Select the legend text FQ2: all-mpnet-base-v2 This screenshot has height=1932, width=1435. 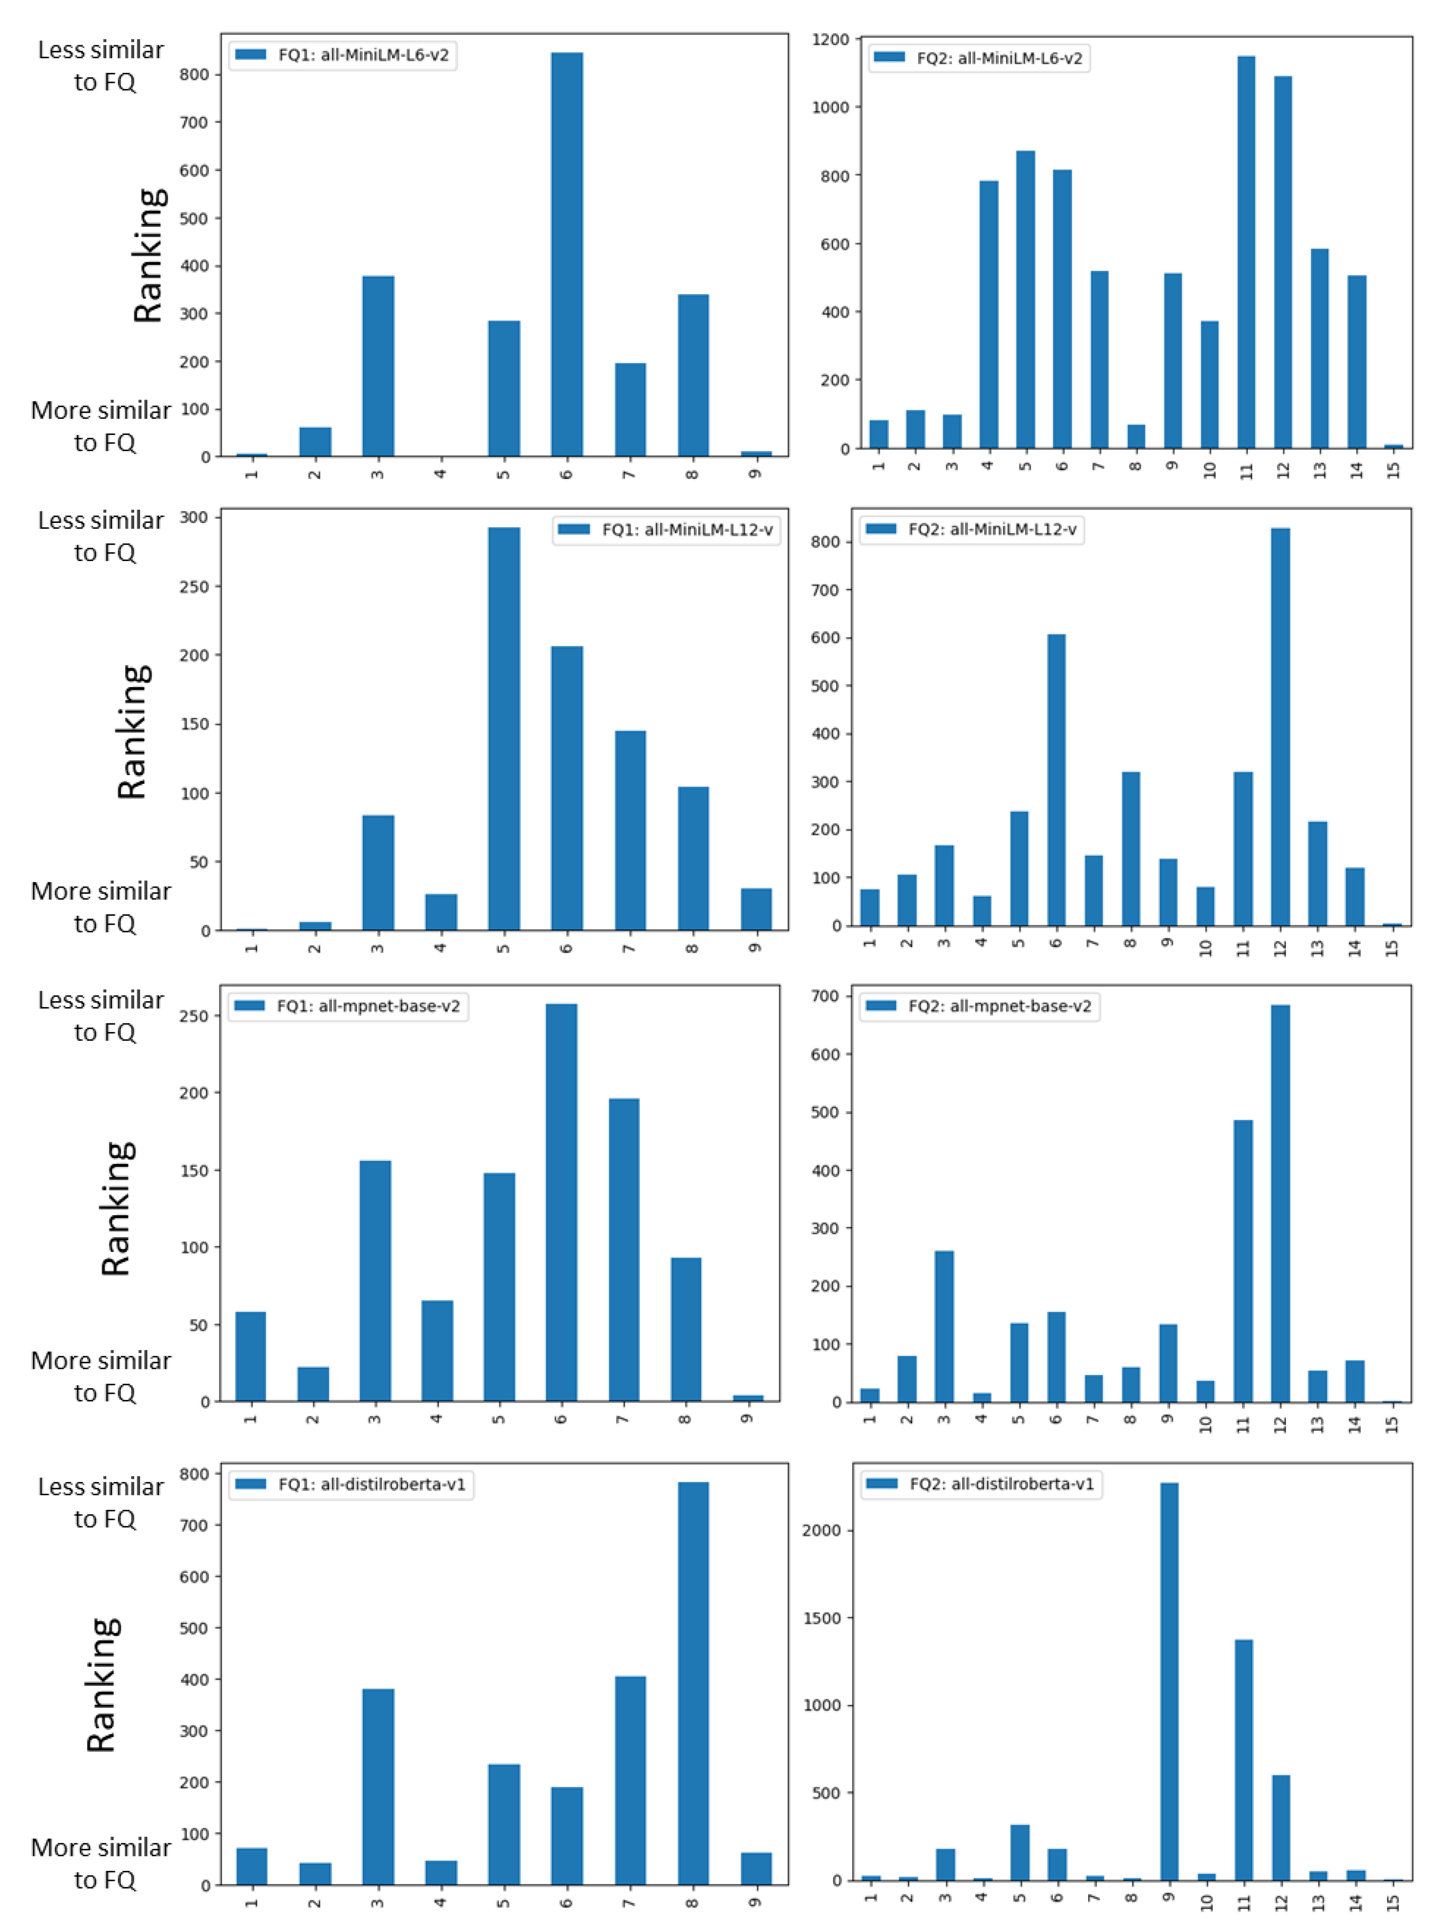[x=999, y=1006]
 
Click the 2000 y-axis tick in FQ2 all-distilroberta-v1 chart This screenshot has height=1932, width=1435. [x=822, y=1531]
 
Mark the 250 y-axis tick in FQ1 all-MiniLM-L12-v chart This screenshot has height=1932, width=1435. [x=195, y=586]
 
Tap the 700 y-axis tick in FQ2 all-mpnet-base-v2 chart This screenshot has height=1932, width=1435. [x=825, y=996]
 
